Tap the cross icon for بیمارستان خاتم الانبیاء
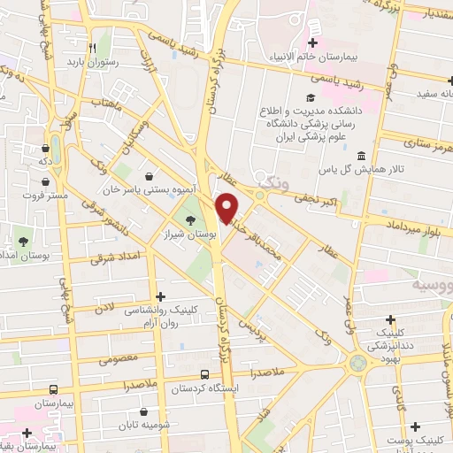point(311,42)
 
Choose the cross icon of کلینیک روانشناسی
point(159,296)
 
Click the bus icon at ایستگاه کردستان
point(204,374)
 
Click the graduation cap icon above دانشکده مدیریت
point(309,96)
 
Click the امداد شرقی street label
point(113,257)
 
